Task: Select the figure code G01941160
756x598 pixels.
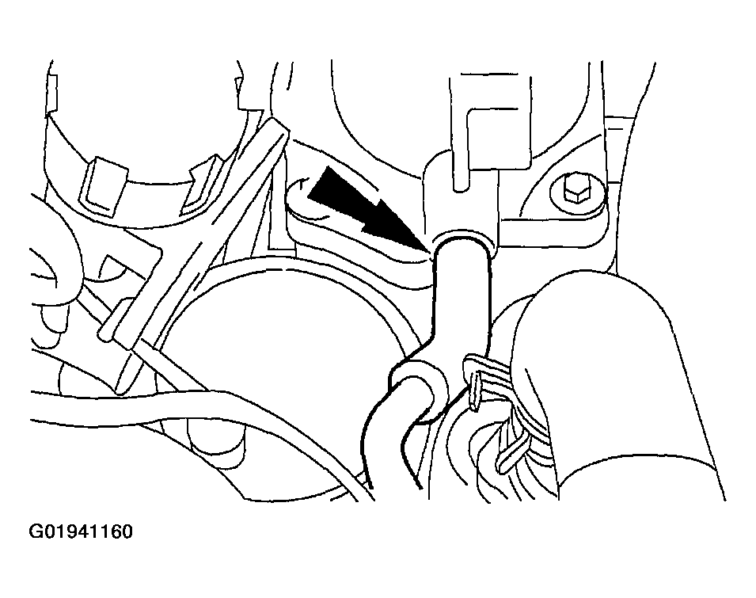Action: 81,532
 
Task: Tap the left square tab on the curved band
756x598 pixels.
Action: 103,185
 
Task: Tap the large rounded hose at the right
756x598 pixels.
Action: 617,376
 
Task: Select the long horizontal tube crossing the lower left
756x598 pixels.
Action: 193,410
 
